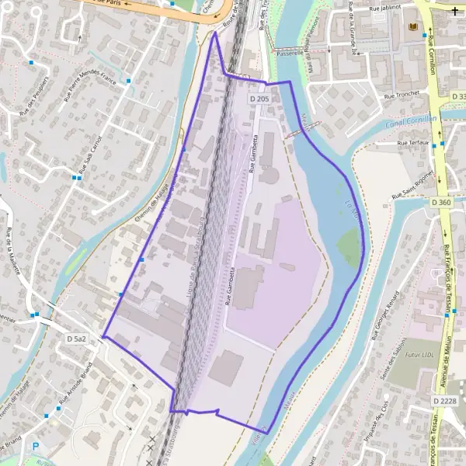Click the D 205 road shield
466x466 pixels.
coord(259,99)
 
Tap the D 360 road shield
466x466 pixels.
coord(440,203)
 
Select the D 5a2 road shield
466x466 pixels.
coord(76,339)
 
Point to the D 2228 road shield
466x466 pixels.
coord(446,399)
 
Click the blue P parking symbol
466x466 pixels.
coord(34,447)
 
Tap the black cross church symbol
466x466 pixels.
coord(454,10)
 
